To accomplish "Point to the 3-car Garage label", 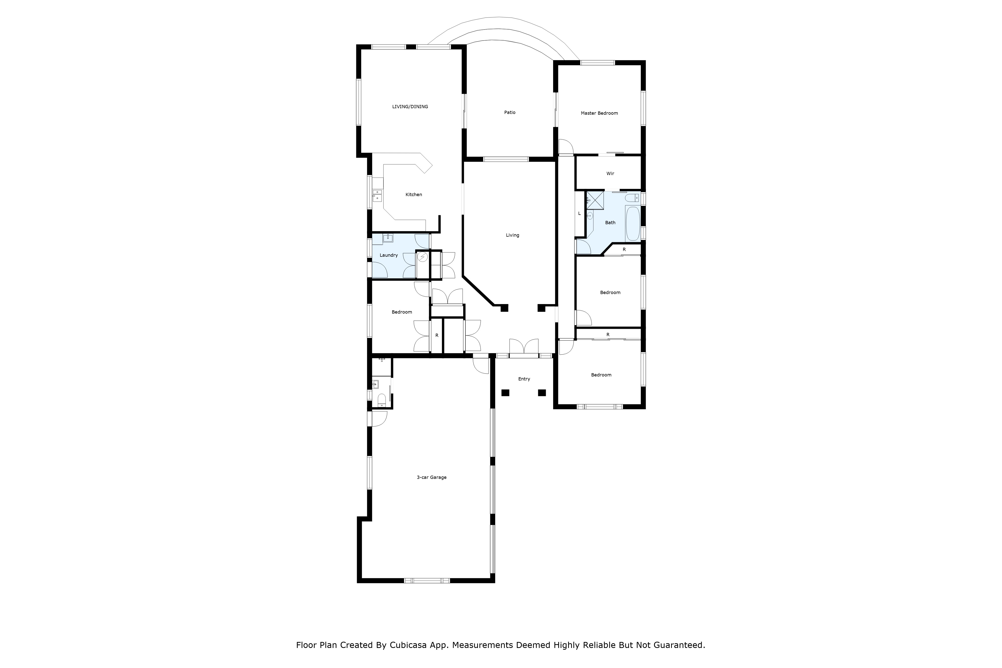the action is click(432, 478).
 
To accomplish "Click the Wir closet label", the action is click(610, 173).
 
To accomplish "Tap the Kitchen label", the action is click(414, 195).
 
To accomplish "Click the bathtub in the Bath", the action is click(633, 224).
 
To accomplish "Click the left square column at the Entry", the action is click(505, 393).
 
